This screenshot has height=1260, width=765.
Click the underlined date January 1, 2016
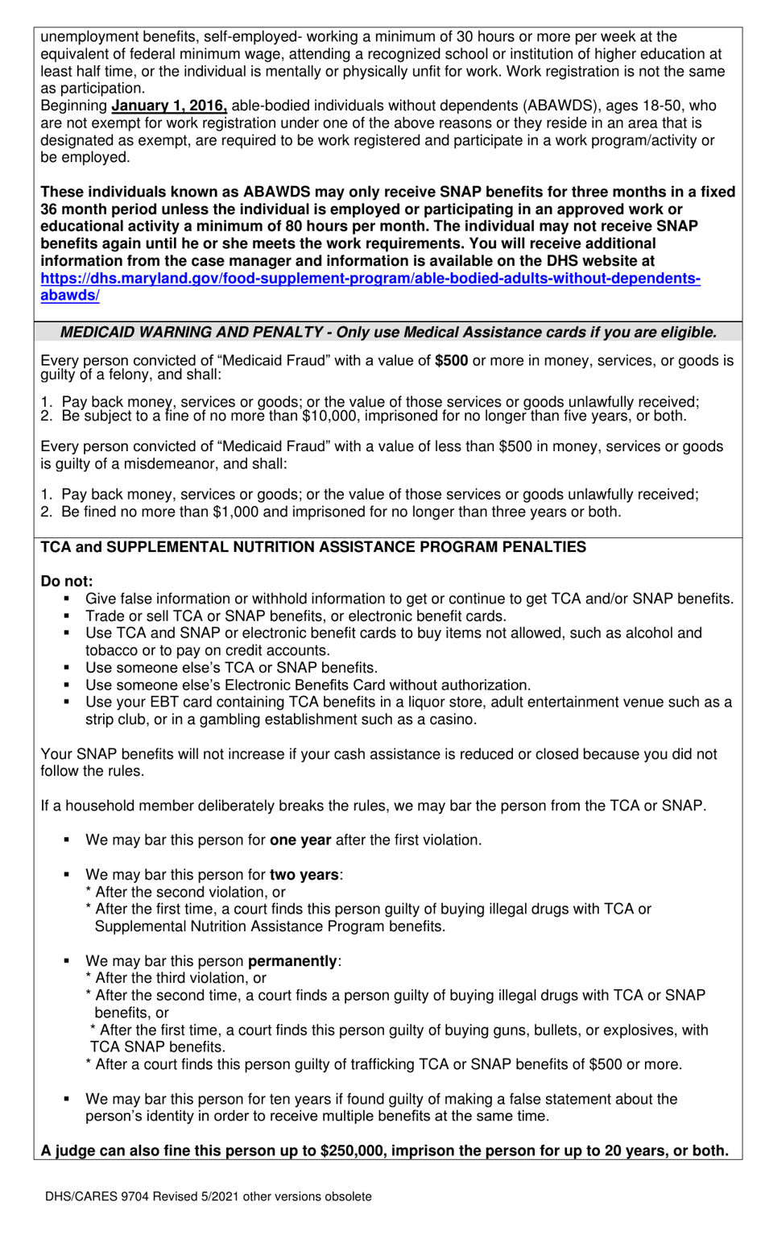(169, 106)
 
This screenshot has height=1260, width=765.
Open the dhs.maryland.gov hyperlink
(370, 278)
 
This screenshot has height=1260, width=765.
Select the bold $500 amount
(451, 361)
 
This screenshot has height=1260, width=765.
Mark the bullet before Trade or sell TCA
(68, 616)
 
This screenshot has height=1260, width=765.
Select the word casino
(453, 719)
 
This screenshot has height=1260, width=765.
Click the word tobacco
(113, 651)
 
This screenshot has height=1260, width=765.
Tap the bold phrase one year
(300, 840)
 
